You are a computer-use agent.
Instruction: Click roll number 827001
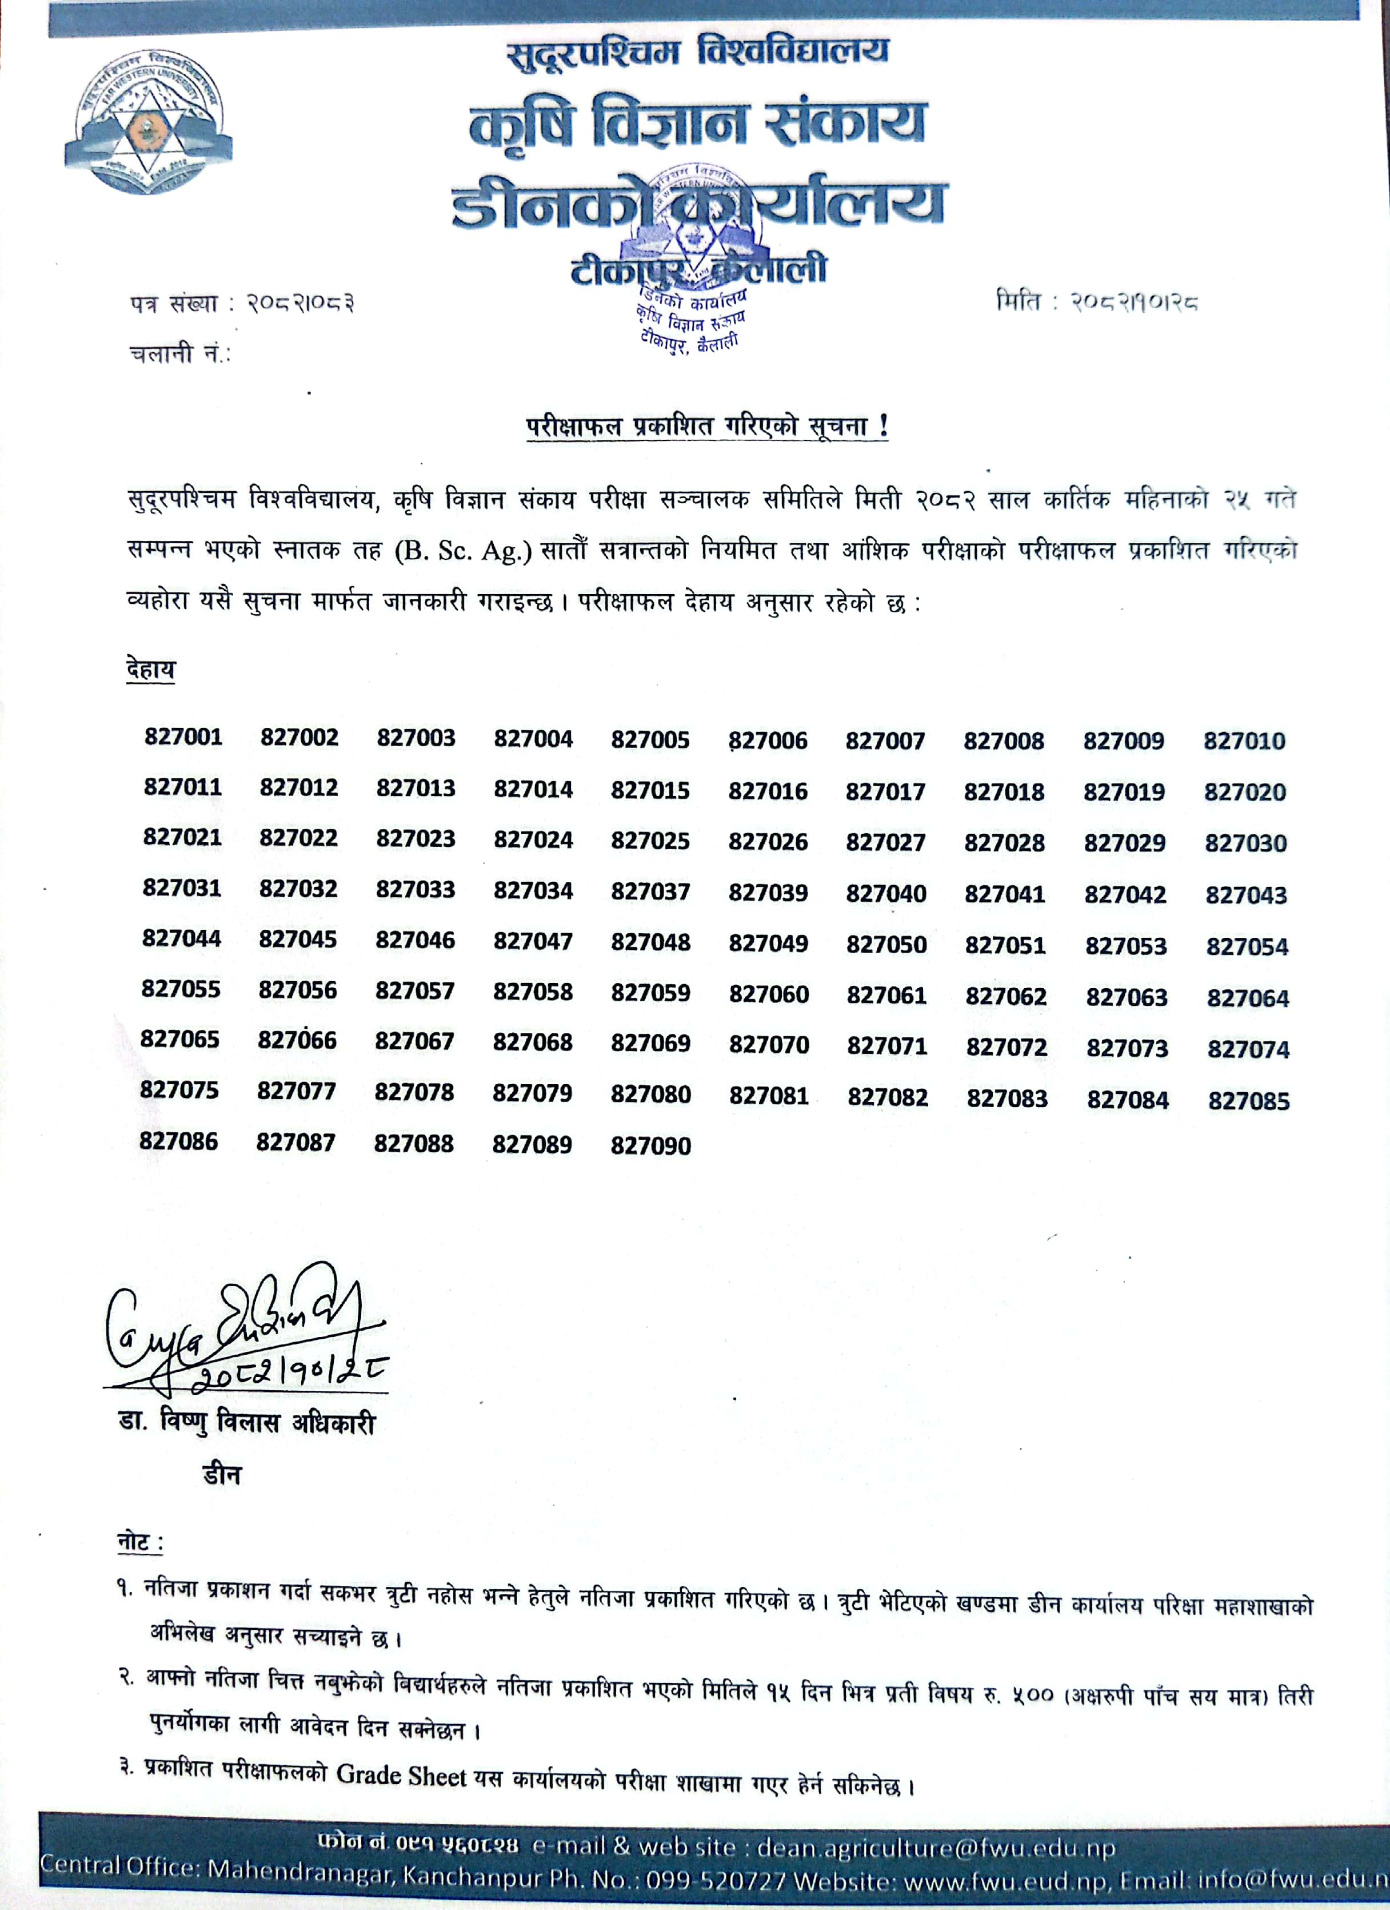pyautogui.click(x=183, y=737)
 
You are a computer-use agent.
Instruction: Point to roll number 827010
pyautogui.click(x=1244, y=741)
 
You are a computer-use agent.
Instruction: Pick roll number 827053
pyautogui.click(x=1125, y=946)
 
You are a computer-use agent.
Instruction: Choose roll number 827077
pyautogui.click(x=297, y=1092)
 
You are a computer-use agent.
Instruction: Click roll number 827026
pyautogui.click(x=768, y=841)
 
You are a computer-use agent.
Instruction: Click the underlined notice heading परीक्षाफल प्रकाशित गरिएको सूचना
pyautogui.click(x=707, y=426)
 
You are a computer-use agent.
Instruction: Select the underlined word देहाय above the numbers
pyautogui.click(x=151, y=670)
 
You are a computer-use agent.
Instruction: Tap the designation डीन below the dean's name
pyautogui.click(x=221, y=1475)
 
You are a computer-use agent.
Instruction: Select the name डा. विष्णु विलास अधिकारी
pyautogui.click(x=247, y=1423)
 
